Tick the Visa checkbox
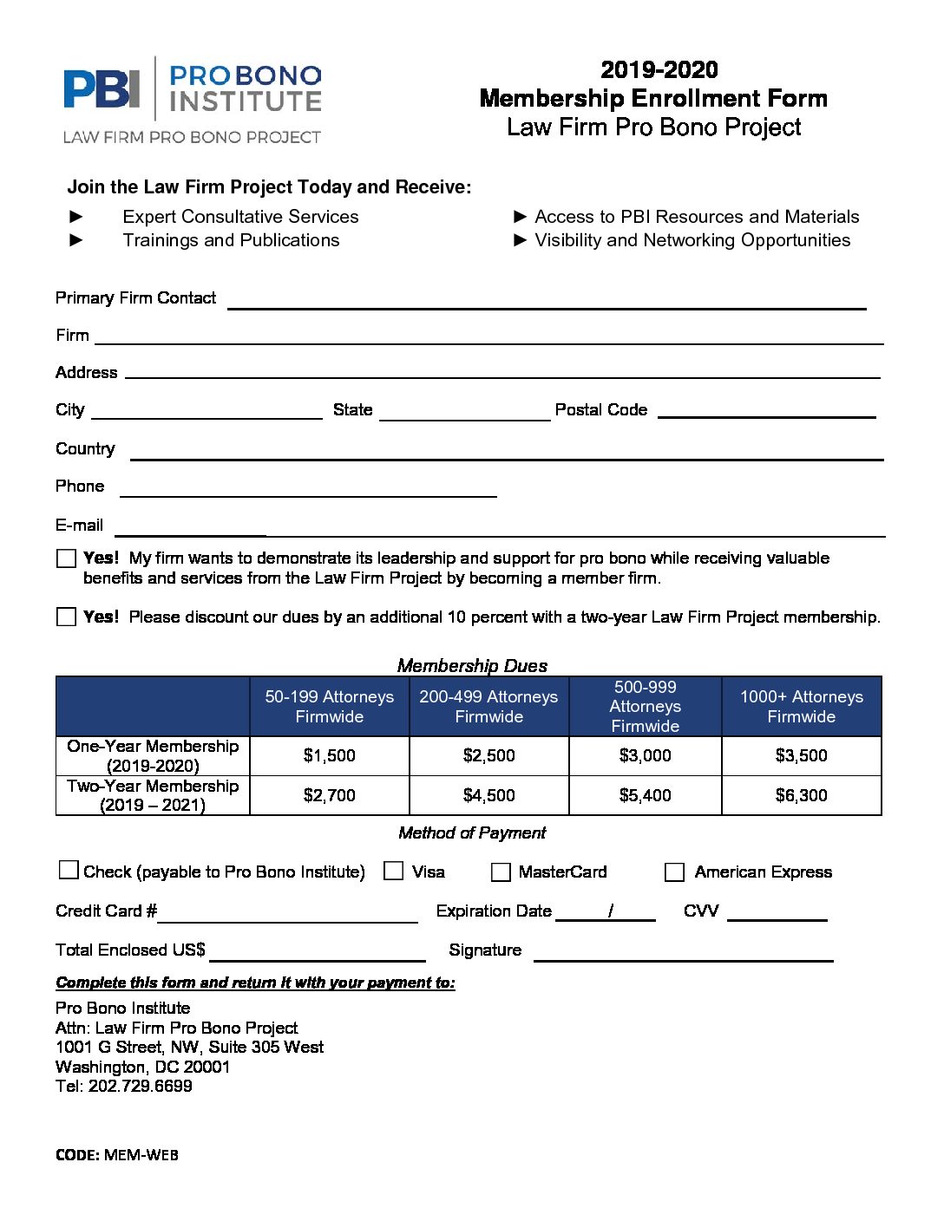394,871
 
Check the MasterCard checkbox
501,872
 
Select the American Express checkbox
674,872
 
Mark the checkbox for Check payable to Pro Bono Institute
68,870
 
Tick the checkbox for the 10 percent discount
66,617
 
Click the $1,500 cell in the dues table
329,755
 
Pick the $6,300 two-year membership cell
801,795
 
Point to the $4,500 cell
488,795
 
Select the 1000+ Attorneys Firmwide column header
801,707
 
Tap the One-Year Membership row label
153,755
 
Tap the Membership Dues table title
472,665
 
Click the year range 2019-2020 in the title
659,69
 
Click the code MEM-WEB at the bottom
141,1154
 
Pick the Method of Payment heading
472,832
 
